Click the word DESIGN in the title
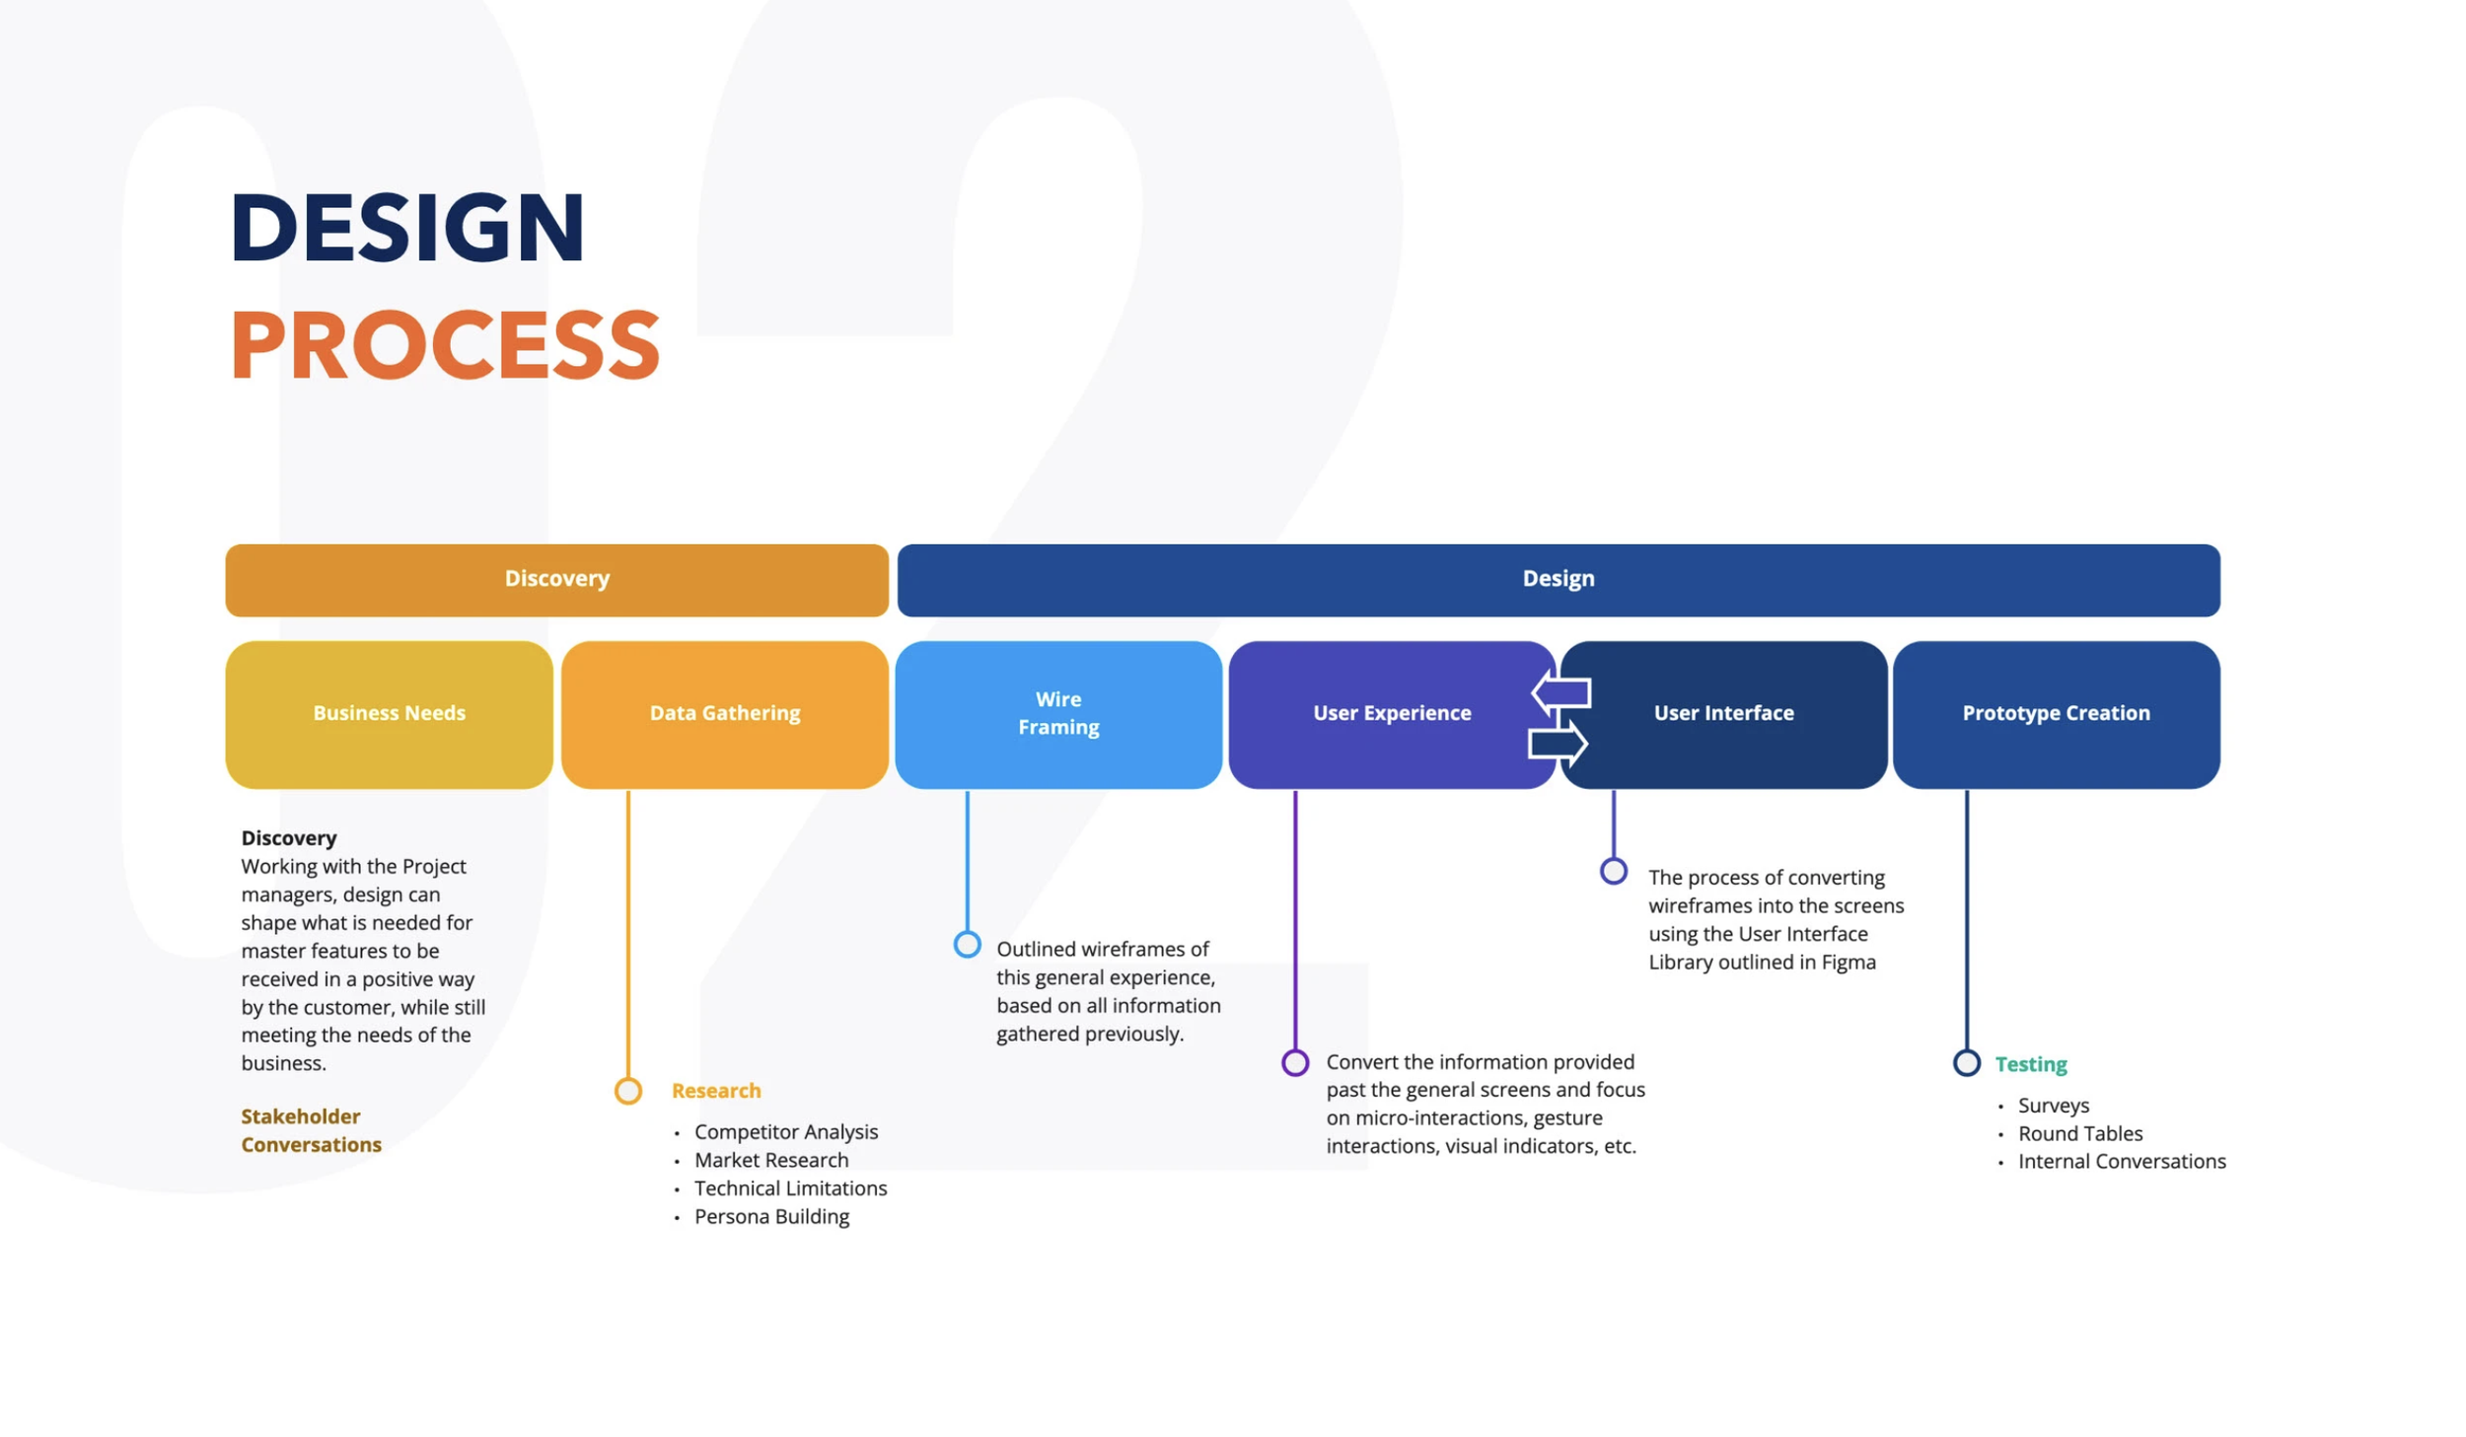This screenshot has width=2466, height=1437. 406,228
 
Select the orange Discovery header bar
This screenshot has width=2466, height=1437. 556,579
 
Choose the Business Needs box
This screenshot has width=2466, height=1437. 389,713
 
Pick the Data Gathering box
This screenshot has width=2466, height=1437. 724,713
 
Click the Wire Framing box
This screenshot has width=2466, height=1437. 1057,713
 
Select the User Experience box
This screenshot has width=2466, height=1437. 1381,713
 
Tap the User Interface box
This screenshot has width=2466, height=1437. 1736,713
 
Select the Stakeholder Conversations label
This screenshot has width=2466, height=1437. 311,1130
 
